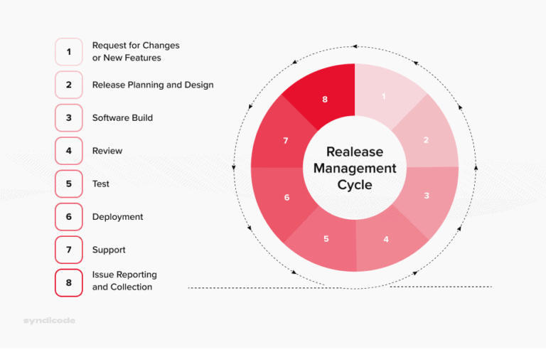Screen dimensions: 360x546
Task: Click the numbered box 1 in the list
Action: tap(69, 51)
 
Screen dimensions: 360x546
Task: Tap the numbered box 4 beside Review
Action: tap(69, 151)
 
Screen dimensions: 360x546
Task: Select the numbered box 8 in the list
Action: tap(69, 282)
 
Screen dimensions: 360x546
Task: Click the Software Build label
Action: tap(122, 117)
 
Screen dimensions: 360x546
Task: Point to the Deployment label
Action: tap(117, 217)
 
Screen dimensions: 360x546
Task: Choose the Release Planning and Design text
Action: tap(153, 85)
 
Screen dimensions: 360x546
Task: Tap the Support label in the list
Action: tap(109, 250)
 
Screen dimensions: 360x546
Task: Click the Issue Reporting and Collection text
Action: tap(124, 281)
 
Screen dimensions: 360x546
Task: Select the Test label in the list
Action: tap(100, 184)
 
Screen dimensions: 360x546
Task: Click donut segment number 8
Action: tap(325, 99)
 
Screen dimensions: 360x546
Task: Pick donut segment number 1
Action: tap(384, 96)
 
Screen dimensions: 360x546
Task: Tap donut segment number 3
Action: tap(427, 196)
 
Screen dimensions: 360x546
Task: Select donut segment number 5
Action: tap(326, 239)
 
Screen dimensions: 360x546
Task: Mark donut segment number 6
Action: tap(287, 197)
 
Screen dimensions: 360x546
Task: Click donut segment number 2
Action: tap(426, 139)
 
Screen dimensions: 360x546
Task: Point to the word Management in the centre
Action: tap(355, 169)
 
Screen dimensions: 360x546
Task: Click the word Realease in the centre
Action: tap(355, 152)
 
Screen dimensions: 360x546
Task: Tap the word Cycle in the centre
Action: tap(355, 186)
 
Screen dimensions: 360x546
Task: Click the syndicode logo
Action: tap(49, 321)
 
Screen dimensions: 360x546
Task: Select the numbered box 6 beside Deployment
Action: tap(69, 217)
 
